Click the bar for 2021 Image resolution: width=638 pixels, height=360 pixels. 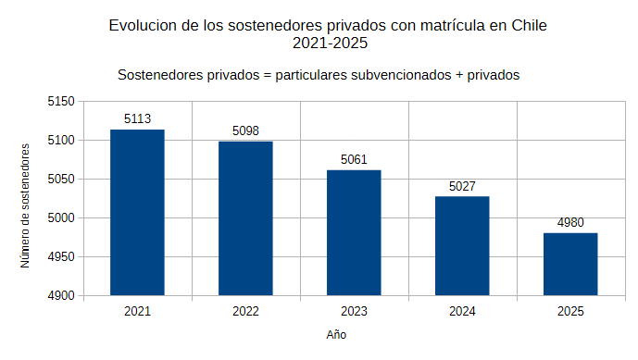(137, 212)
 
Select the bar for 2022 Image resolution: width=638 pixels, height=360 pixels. (245, 218)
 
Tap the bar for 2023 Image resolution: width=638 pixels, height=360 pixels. (354, 232)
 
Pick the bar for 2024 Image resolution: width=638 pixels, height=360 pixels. (462, 246)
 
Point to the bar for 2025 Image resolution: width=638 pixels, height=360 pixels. (570, 265)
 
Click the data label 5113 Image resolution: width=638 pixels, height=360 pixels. (138, 118)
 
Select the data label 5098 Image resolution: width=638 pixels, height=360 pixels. (245, 130)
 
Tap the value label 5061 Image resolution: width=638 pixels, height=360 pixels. (354, 159)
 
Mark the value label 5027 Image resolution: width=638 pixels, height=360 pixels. (462, 186)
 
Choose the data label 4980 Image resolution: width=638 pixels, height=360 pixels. (570, 222)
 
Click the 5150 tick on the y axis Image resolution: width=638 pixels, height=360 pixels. (61, 101)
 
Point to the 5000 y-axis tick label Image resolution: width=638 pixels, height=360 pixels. (61, 218)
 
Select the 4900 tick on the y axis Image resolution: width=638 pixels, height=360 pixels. (61, 296)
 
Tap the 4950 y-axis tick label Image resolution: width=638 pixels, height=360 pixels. (61, 257)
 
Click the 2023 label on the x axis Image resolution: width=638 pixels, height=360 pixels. (354, 312)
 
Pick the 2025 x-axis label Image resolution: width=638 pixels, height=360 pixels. (570, 312)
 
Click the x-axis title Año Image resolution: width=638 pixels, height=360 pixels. (336, 334)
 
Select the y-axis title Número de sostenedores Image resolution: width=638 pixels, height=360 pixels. (25, 205)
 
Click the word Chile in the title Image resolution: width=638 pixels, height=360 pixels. (529, 26)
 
